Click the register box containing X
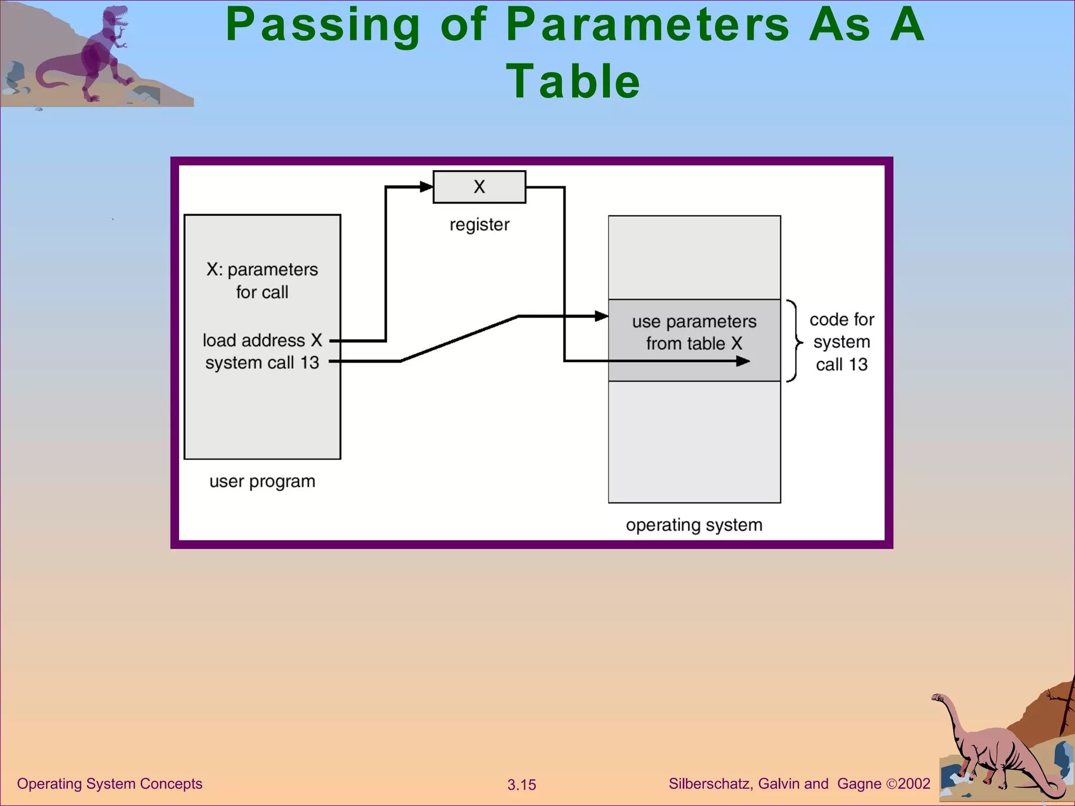pos(479,187)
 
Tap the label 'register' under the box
pos(479,225)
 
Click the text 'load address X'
pos(262,340)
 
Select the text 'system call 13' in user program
pos(262,363)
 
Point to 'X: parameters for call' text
pos(262,280)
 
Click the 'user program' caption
pos(262,481)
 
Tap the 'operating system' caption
pos(694,525)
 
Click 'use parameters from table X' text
pos(694,332)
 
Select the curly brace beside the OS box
pos(795,341)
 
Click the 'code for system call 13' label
pos(841,342)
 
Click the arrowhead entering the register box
pos(427,186)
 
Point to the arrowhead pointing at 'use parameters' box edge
pos(602,316)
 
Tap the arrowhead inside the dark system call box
pos(743,361)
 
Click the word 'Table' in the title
pos(573,81)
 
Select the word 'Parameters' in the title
pos(648,25)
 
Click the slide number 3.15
pos(521,784)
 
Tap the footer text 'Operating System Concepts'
pos(110,783)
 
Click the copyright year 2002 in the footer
pos(914,783)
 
